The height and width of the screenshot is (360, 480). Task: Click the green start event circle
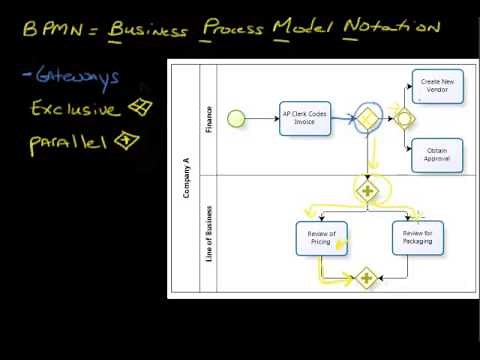tap(237, 118)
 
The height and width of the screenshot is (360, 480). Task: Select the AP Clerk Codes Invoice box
tap(303, 118)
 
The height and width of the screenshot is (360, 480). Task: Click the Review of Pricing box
tap(321, 237)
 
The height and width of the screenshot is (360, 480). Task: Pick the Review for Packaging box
tap(417, 237)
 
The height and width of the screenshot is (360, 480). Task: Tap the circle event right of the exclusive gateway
tap(404, 118)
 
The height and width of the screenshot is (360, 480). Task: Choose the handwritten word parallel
tap(69, 143)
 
